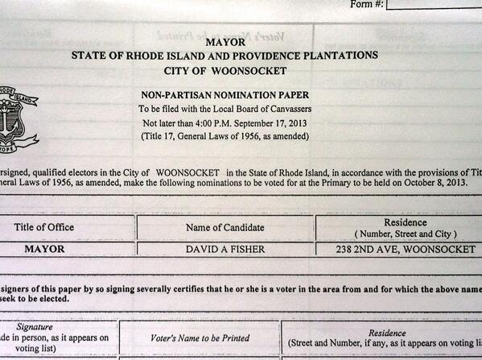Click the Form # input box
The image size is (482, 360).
[x=435, y=4]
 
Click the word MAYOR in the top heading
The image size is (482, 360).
[x=225, y=41]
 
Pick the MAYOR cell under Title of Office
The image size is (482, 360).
[x=45, y=249]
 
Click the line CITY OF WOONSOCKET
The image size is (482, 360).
[x=225, y=71]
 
